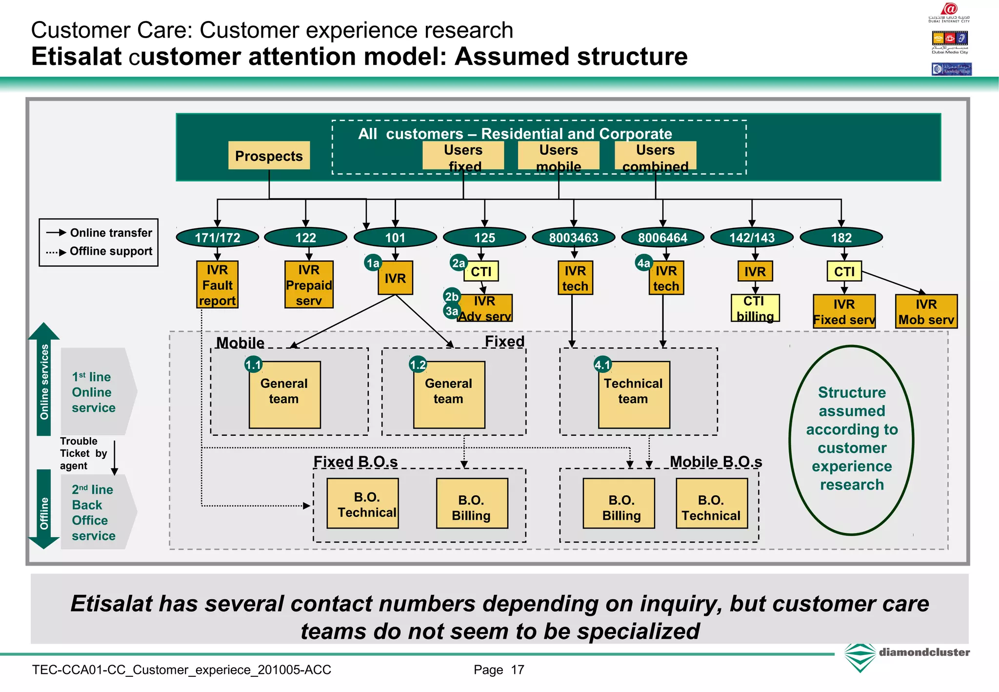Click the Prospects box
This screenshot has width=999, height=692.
pos(269,156)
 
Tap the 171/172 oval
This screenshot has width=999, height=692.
pos(218,238)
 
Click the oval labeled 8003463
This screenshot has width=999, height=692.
pos(574,238)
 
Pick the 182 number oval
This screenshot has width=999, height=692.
pos(841,238)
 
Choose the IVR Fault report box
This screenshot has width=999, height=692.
pos(217,285)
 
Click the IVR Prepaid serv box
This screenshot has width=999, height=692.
pos(309,285)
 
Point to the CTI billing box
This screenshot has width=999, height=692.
pos(755,308)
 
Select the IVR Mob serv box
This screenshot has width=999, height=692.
pos(926,312)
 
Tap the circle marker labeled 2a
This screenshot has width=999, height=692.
pos(459,263)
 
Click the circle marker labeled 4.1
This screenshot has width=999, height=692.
pos(602,364)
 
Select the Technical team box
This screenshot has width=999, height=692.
pos(634,395)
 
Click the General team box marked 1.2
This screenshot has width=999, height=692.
pos(449,395)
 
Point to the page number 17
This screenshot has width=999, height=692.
pos(517,670)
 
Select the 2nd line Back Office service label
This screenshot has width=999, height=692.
pos(94,512)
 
